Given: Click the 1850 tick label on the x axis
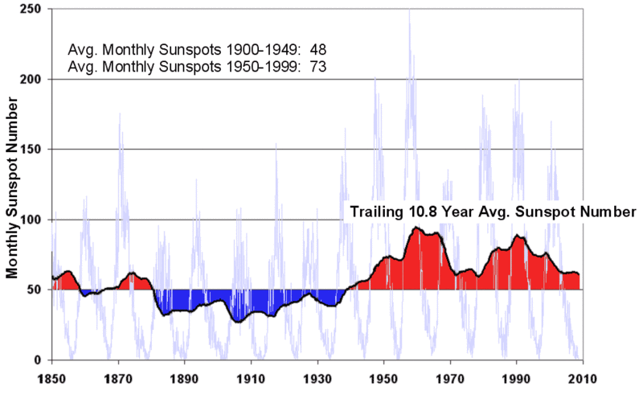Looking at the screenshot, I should (x=52, y=379).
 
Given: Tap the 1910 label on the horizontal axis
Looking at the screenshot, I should (x=251, y=379).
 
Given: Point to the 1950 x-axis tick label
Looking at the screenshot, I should (x=383, y=379).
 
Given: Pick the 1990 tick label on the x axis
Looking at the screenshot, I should (x=516, y=379).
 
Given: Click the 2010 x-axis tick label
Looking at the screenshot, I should (x=582, y=379).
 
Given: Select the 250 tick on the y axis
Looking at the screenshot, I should (x=32, y=10).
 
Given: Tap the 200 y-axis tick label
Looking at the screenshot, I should (x=32, y=80).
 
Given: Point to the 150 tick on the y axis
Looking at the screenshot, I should (x=32, y=150).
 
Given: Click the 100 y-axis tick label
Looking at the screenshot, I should (x=32, y=220).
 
